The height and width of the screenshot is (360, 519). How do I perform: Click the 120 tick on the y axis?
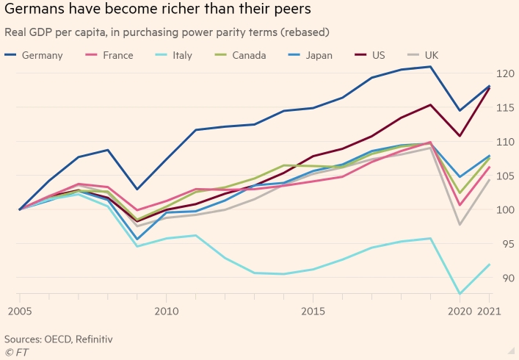(504, 73)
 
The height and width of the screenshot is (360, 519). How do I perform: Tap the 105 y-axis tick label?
(504, 176)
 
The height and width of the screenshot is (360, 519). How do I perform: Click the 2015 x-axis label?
(313, 312)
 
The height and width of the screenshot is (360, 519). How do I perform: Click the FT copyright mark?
(15, 351)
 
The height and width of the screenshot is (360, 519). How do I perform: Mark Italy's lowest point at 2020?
(460, 294)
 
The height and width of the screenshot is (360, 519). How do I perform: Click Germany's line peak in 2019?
(430, 67)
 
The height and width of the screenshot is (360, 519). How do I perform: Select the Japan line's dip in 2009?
(137, 239)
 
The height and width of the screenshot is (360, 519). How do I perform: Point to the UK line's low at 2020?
(460, 225)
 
